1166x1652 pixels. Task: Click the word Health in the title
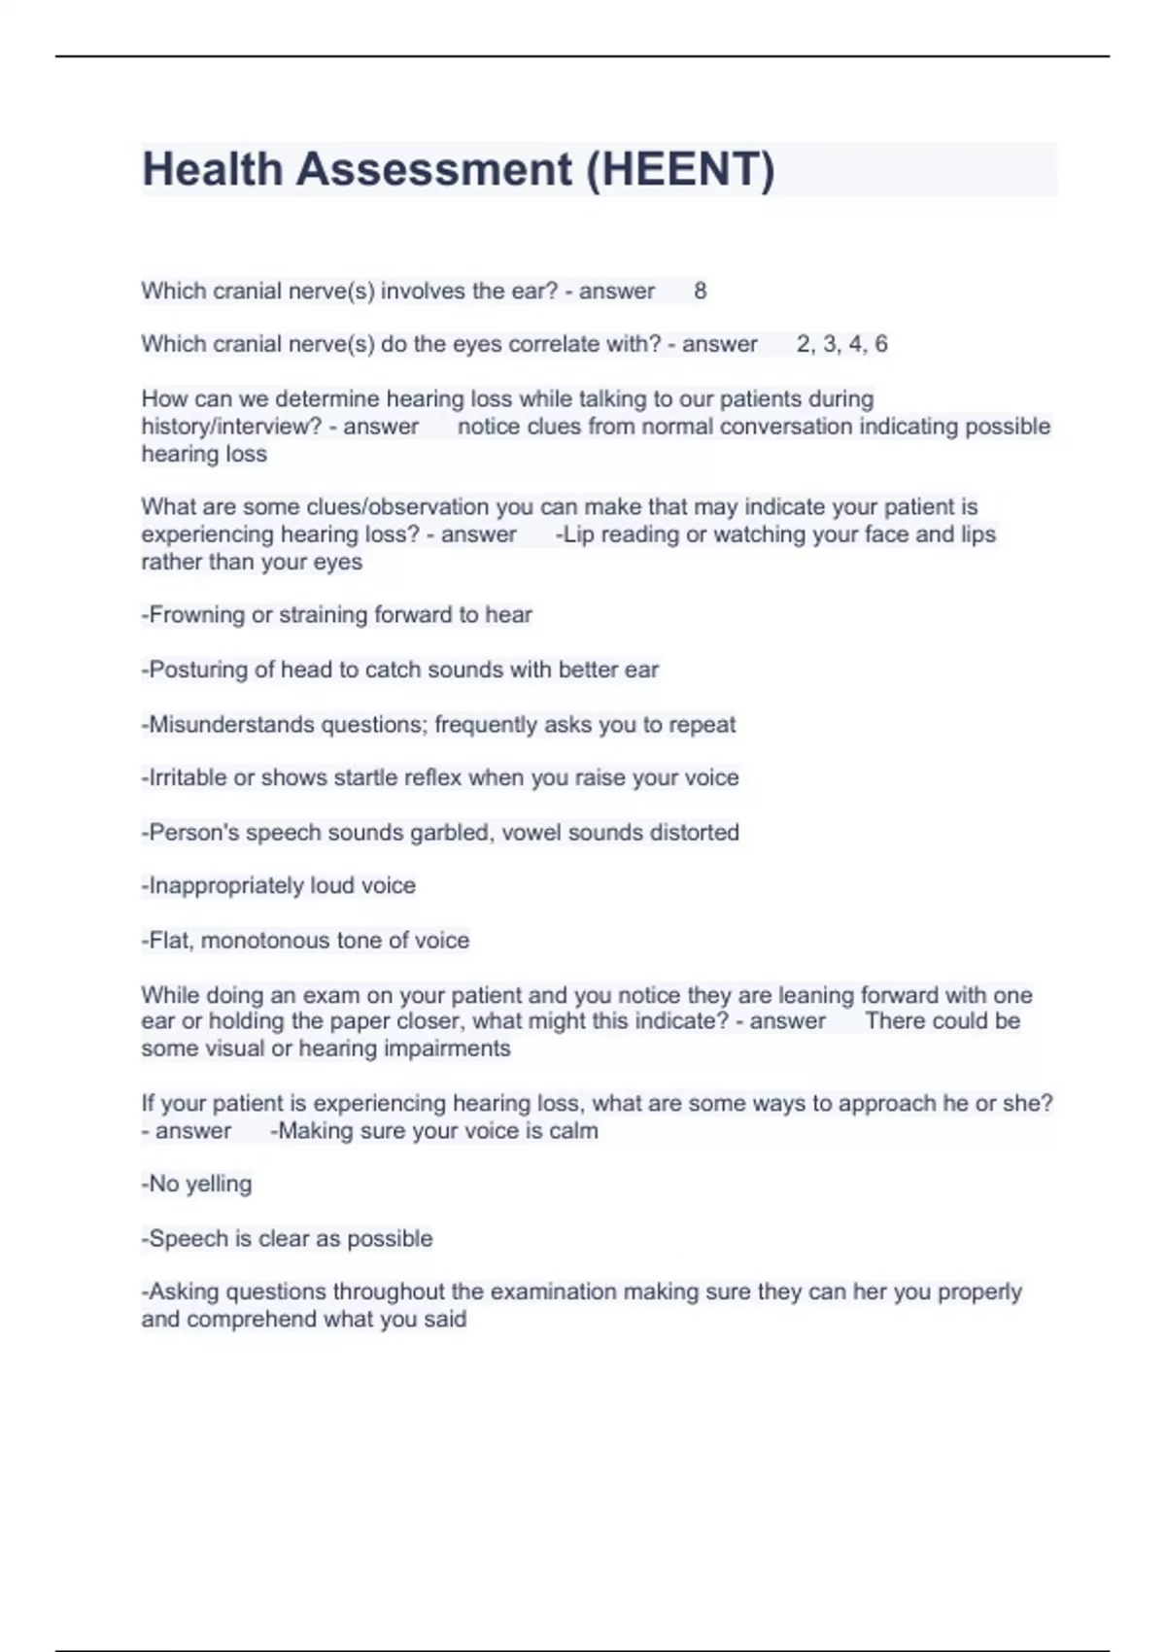point(212,169)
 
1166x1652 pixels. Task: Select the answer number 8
point(700,291)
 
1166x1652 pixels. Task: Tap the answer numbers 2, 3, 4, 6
point(841,344)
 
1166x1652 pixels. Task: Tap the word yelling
point(219,1185)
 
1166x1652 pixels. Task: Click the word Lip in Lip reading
point(578,534)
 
